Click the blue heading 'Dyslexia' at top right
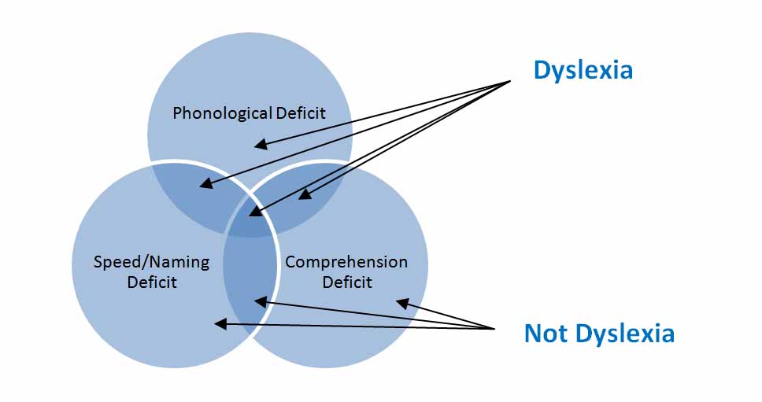583,70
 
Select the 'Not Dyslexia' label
599,334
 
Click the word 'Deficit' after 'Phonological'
301,113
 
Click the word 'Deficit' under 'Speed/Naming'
152,281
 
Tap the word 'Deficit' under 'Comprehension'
347,281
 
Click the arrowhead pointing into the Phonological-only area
257,145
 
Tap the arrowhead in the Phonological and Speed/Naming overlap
203,186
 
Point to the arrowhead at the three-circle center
252,212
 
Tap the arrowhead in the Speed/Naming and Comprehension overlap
257,300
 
